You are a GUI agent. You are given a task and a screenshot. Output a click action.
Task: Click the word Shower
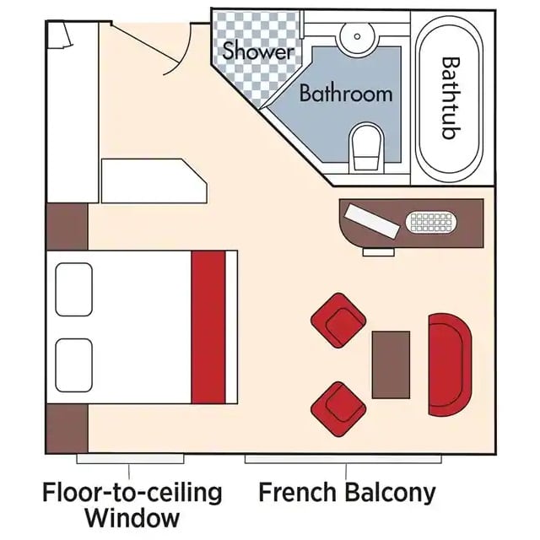coord(258,51)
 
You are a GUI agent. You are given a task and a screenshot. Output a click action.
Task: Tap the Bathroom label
coord(346,93)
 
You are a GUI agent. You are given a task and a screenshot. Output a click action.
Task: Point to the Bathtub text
coord(451,98)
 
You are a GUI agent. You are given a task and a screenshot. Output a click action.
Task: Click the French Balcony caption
coord(347,493)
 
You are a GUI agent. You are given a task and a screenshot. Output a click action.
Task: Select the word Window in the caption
coord(132,518)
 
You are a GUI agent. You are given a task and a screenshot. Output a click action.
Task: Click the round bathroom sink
coord(357,36)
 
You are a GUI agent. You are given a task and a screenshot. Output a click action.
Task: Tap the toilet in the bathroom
coord(367,148)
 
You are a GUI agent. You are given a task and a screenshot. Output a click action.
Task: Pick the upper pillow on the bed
coord(73,289)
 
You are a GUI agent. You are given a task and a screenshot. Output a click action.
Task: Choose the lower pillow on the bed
coord(73,365)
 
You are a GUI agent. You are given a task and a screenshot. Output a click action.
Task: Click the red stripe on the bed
coord(208,327)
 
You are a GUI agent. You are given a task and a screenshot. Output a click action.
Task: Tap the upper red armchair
coord(338,321)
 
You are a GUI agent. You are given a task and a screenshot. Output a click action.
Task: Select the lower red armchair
coord(338,409)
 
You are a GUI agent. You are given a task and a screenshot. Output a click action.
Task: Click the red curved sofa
coord(450,364)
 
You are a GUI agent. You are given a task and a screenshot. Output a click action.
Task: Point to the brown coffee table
coord(391,364)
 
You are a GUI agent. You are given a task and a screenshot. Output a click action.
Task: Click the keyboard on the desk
coord(431,223)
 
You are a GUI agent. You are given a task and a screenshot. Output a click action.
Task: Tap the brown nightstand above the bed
coord(67,227)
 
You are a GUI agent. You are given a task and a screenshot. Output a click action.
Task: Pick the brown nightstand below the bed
coord(67,429)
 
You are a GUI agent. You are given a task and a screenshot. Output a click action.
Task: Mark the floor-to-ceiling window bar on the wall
coord(130,459)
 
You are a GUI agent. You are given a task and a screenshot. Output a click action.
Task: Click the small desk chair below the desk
coord(379,252)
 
